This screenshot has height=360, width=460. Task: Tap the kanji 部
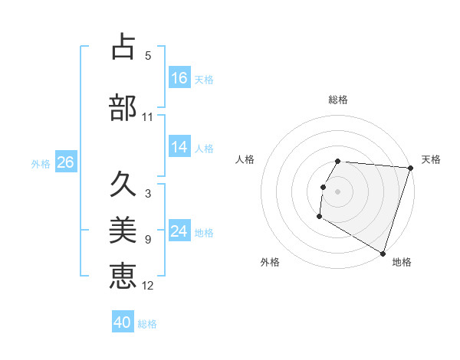click(x=123, y=106)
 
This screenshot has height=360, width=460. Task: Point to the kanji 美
click(x=123, y=229)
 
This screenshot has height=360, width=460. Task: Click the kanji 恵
click(x=123, y=275)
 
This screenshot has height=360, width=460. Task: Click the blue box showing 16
click(x=179, y=78)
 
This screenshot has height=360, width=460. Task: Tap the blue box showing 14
click(x=179, y=148)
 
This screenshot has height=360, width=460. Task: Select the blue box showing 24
click(x=179, y=232)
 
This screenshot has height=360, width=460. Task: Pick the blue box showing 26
click(x=65, y=162)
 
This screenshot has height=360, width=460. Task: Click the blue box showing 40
click(x=123, y=323)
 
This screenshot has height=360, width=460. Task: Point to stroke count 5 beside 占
click(x=148, y=56)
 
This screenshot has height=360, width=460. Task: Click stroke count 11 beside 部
click(x=148, y=117)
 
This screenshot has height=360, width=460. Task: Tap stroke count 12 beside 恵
click(x=148, y=286)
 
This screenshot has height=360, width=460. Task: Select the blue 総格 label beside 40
click(x=147, y=324)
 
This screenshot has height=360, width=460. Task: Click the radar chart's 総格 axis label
click(x=338, y=100)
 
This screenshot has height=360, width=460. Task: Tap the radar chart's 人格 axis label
click(x=245, y=159)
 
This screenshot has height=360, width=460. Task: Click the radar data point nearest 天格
click(x=410, y=169)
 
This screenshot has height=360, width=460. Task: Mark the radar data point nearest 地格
click(x=382, y=253)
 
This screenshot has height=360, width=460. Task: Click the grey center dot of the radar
click(x=338, y=191)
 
